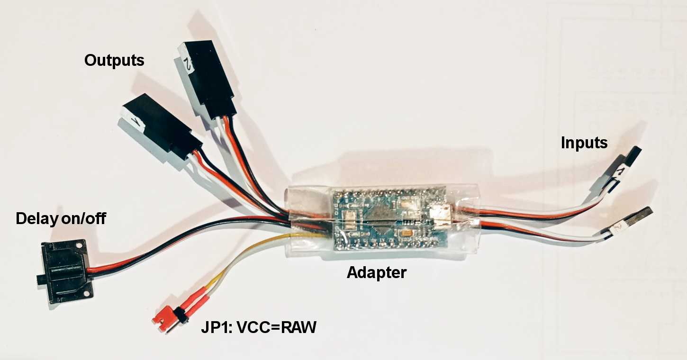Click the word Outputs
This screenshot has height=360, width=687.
[x=114, y=61]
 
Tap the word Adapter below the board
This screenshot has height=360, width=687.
[x=376, y=273]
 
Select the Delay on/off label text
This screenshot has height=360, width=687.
[x=61, y=218]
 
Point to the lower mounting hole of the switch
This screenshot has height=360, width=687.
[x=86, y=294]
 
